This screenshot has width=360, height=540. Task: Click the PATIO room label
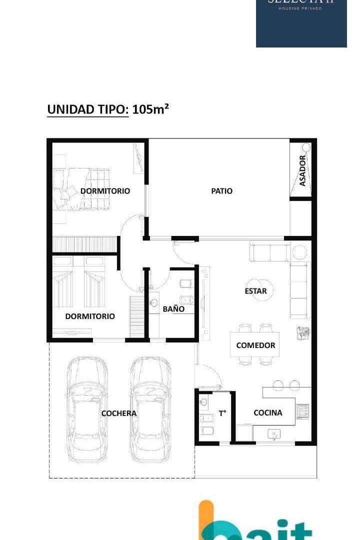coord(221,191)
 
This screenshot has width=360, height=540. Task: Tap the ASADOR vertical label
coord(302,171)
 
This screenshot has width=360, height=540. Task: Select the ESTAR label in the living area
coord(255,291)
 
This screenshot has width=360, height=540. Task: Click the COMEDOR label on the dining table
coord(255,345)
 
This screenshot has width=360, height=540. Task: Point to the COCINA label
coord(267,412)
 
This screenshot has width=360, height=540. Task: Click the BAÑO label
coord(173,309)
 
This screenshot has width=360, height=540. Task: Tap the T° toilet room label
coord(222,413)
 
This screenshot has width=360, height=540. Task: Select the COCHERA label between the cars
coord(118,413)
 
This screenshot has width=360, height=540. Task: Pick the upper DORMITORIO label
coord(105,191)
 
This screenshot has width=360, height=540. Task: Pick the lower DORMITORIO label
coord(90,316)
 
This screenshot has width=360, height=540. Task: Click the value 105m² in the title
coord(150,109)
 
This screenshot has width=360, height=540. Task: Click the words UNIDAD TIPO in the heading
coord(87,109)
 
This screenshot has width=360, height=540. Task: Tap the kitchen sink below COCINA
coord(273,433)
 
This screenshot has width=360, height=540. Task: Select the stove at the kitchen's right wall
coord(303,411)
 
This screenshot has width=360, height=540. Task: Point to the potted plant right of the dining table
coord(303,332)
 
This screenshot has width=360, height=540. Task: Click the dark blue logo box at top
coord(301,23)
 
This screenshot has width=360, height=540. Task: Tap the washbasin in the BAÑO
coord(154,302)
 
